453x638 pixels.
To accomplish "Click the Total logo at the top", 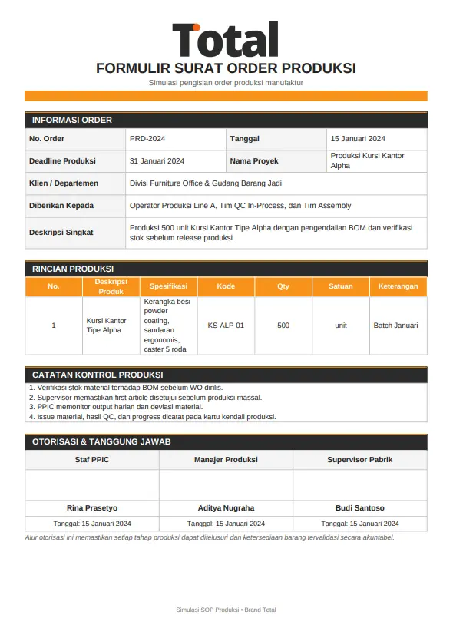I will click(x=225, y=40).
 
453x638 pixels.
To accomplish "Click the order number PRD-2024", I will click(x=147, y=139).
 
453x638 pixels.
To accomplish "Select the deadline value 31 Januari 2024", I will click(x=157, y=161).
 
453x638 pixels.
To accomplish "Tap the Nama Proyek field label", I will click(x=254, y=161).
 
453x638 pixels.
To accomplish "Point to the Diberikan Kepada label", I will click(x=61, y=206).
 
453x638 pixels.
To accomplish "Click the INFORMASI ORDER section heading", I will click(x=72, y=120).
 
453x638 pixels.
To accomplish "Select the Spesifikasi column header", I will click(x=169, y=286).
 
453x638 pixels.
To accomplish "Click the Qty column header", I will click(x=283, y=286).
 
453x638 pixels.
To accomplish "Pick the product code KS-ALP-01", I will click(x=226, y=326).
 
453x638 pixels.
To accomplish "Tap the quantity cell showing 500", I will click(x=283, y=326).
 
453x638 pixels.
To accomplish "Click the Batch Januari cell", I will click(x=395, y=326).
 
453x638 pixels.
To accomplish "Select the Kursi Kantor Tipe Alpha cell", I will click(x=106, y=326).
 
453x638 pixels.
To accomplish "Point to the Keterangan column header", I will click(x=398, y=286).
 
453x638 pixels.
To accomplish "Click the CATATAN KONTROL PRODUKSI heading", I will click(x=98, y=375).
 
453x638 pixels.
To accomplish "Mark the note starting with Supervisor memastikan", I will click(x=145, y=398).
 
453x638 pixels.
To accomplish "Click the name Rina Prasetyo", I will click(x=92, y=508).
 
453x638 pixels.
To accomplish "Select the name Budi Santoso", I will click(x=360, y=508).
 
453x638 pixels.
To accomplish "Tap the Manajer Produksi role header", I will click(x=226, y=460).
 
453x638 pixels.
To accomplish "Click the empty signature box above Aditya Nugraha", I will click(x=226, y=484).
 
